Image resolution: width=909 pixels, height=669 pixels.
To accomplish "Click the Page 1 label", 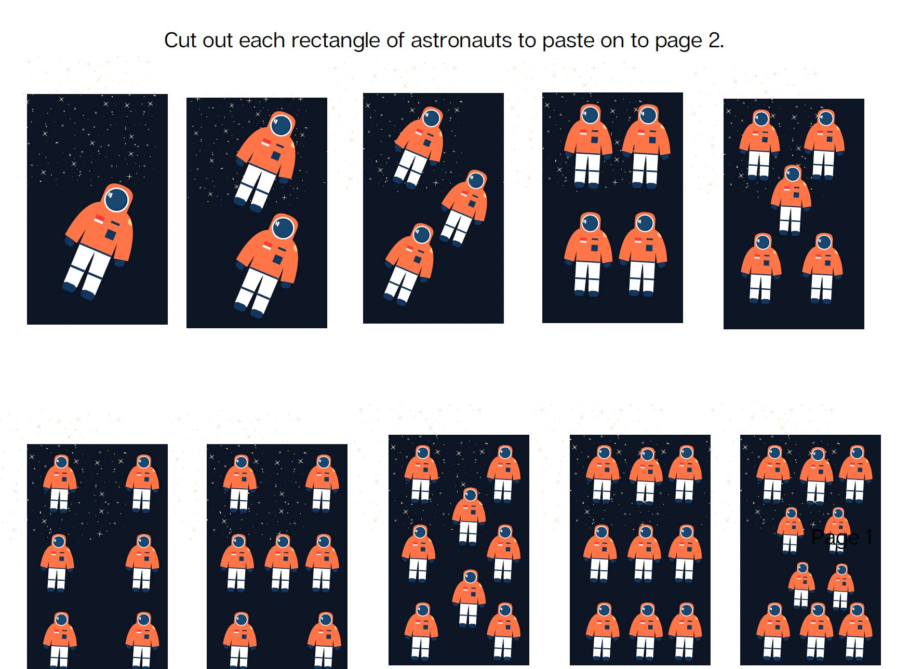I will tap(841, 537).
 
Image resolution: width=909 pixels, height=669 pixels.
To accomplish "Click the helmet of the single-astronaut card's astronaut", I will tap(117, 199).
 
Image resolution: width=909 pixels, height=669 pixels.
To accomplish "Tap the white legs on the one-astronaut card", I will tap(86, 270).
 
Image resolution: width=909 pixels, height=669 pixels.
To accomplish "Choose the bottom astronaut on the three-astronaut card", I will tap(410, 263).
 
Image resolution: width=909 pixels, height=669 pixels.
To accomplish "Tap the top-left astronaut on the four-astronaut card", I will tap(589, 145).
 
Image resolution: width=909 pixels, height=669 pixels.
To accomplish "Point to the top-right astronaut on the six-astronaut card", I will tap(142, 483).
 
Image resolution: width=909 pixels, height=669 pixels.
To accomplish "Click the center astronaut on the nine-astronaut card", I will tap(644, 553).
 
